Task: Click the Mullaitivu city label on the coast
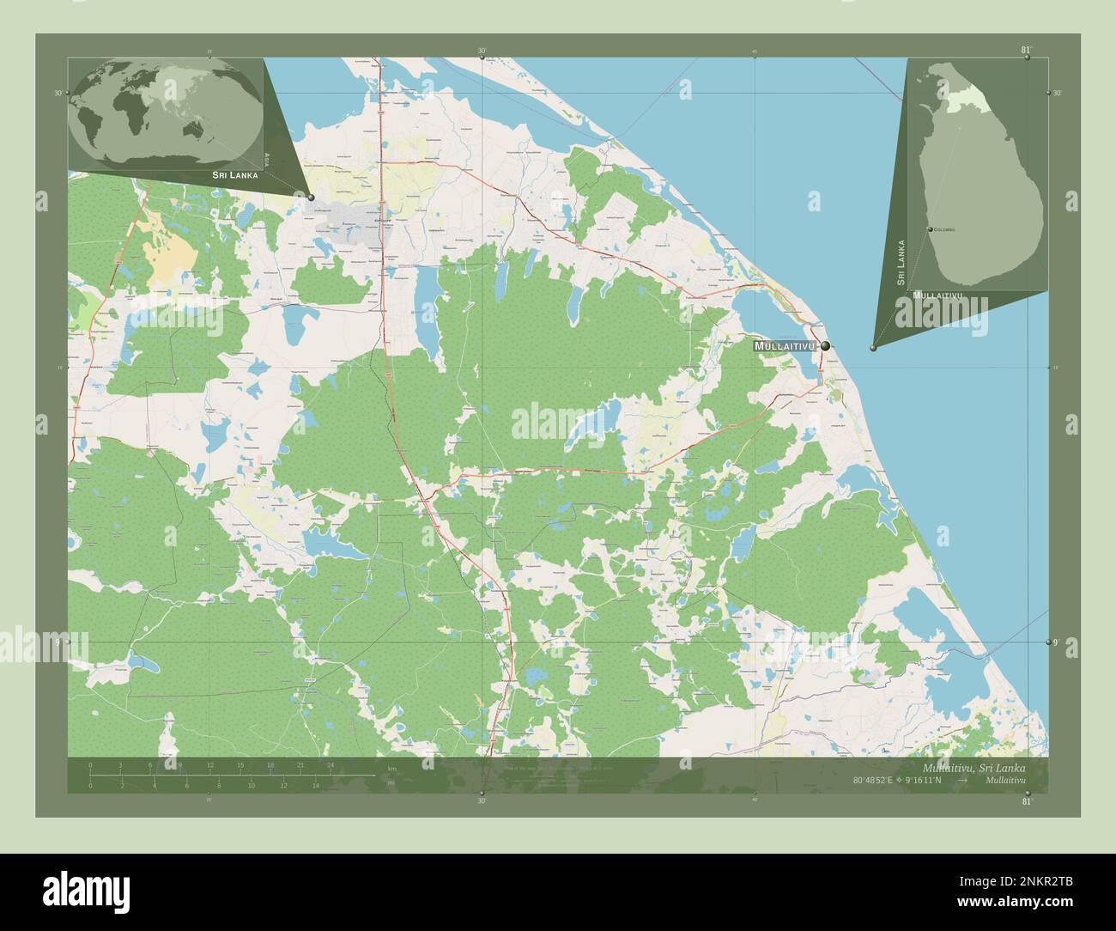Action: coord(783,346)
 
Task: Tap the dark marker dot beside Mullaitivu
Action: coord(825,346)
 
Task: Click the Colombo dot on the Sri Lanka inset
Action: coord(931,230)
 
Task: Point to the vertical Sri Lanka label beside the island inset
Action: coord(901,262)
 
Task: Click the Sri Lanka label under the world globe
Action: coord(229,174)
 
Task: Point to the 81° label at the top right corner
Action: coord(1026,50)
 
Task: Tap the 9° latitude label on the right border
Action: coord(1055,642)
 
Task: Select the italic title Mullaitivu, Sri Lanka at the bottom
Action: coord(973,767)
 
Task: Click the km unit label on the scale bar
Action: coord(391,768)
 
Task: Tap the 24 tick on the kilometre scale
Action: coord(331,764)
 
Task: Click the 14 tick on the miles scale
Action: coord(316,785)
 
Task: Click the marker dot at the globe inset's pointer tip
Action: coord(311,198)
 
